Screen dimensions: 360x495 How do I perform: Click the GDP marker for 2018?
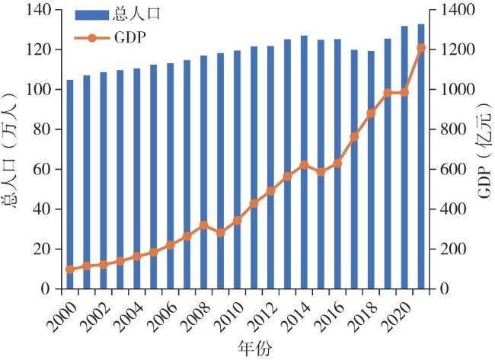pyautogui.click(x=371, y=113)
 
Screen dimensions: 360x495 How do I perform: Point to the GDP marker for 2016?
pyautogui.click(x=337, y=163)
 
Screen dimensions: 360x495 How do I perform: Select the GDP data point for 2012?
pyautogui.click(x=270, y=191)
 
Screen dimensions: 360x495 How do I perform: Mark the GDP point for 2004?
pyautogui.click(x=137, y=256)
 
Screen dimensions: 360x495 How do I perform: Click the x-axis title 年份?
pyautogui.click(x=247, y=349)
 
